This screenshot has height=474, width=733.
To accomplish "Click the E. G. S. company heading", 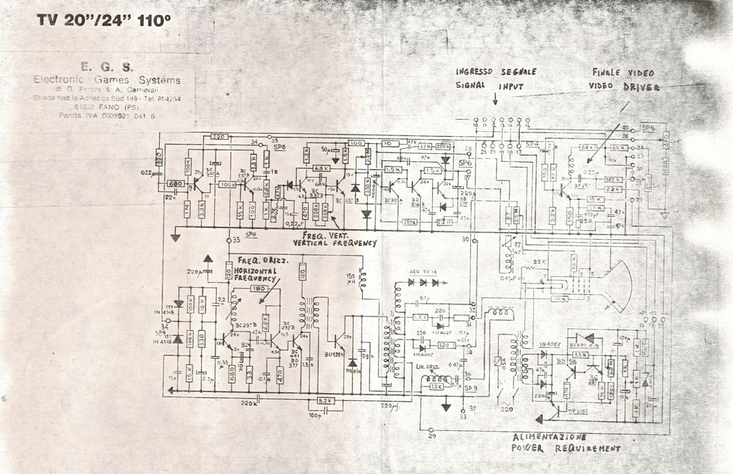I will pos(107,67).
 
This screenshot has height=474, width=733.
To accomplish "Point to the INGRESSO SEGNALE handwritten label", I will pos(496,72).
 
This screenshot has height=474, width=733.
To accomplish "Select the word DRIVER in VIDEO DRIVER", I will pos(641,86).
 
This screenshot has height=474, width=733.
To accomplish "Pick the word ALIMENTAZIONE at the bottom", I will pos(549,437).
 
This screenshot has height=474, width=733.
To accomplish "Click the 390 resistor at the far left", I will pos(160,158).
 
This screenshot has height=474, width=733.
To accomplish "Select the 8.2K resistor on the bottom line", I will pos(325,401).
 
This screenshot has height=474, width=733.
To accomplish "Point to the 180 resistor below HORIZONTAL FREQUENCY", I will pos(258,289).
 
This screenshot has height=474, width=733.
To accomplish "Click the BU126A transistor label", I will pos(334,354).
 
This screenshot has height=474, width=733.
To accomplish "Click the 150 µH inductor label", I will pos(351,279).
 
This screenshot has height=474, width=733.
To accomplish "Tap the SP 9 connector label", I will pos(470,388).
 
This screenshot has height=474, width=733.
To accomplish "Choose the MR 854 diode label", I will pos(352,370).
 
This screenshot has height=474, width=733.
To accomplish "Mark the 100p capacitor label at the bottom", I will pos(314,415).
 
